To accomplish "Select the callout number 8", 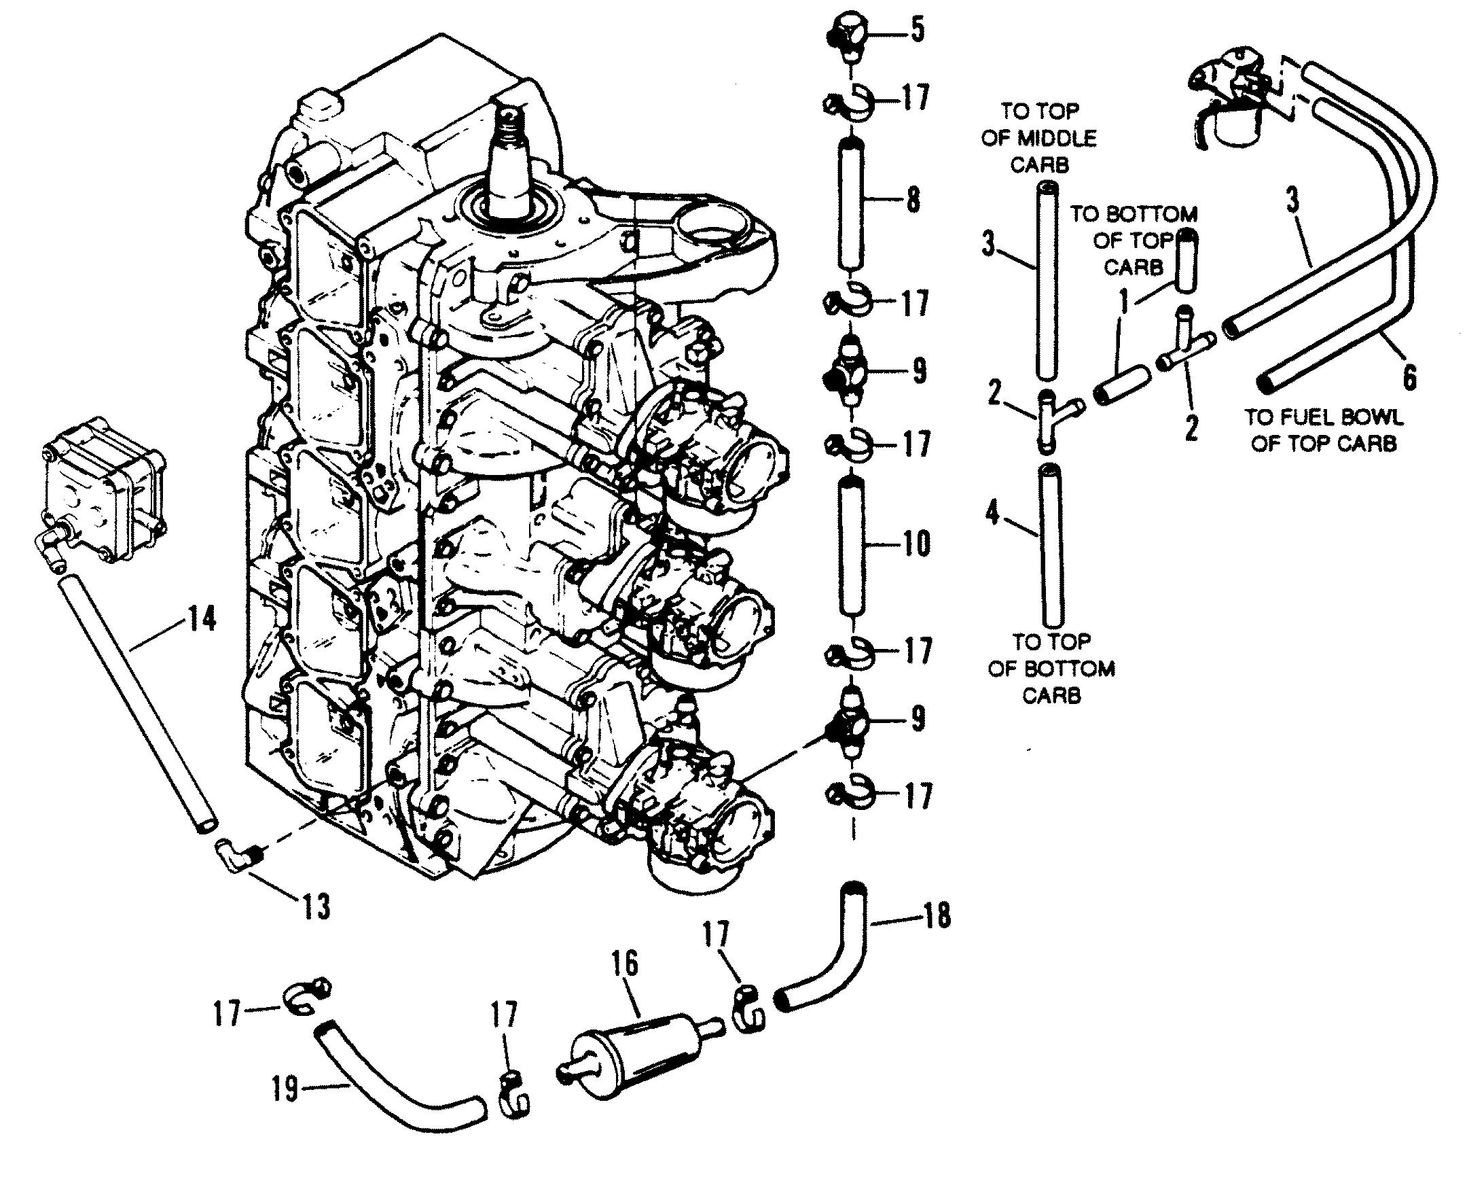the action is coord(912,201).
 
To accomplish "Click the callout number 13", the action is coord(316,907).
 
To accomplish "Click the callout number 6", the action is coord(1409,376).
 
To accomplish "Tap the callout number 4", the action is coord(994,514).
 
